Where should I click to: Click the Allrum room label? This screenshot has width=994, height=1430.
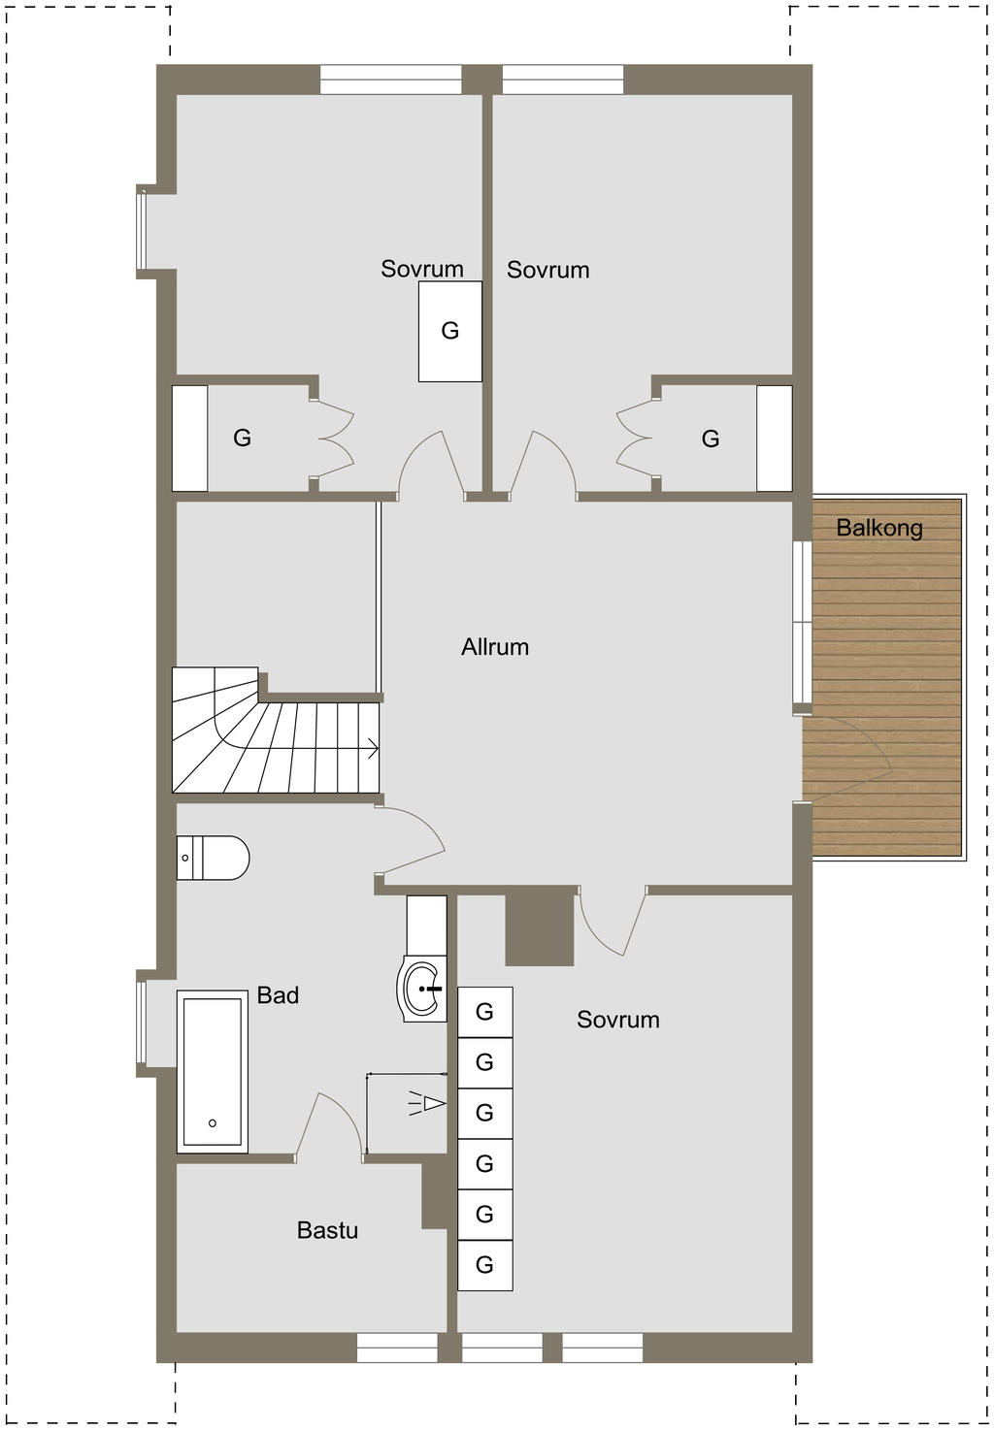tap(495, 647)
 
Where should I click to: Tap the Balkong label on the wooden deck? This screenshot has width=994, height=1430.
tap(879, 528)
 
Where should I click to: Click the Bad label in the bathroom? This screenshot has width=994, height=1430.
tap(278, 995)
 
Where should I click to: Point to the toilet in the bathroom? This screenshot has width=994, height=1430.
tap(213, 858)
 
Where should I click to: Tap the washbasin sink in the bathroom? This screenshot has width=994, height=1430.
tap(421, 989)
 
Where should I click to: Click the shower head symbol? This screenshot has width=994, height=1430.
tap(426, 1103)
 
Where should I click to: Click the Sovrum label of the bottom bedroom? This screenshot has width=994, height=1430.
tap(617, 1020)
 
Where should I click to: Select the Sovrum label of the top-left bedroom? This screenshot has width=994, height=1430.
tap(421, 269)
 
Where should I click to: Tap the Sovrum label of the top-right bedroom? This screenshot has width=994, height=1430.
tap(547, 270)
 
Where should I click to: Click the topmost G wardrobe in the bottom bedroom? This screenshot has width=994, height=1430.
tap(484, 1012)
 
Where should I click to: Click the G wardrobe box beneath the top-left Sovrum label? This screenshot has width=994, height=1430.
tap(449, 332)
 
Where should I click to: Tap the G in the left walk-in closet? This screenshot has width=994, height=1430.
tap(242, 438)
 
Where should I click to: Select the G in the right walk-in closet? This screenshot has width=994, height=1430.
tap(711, 439)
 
